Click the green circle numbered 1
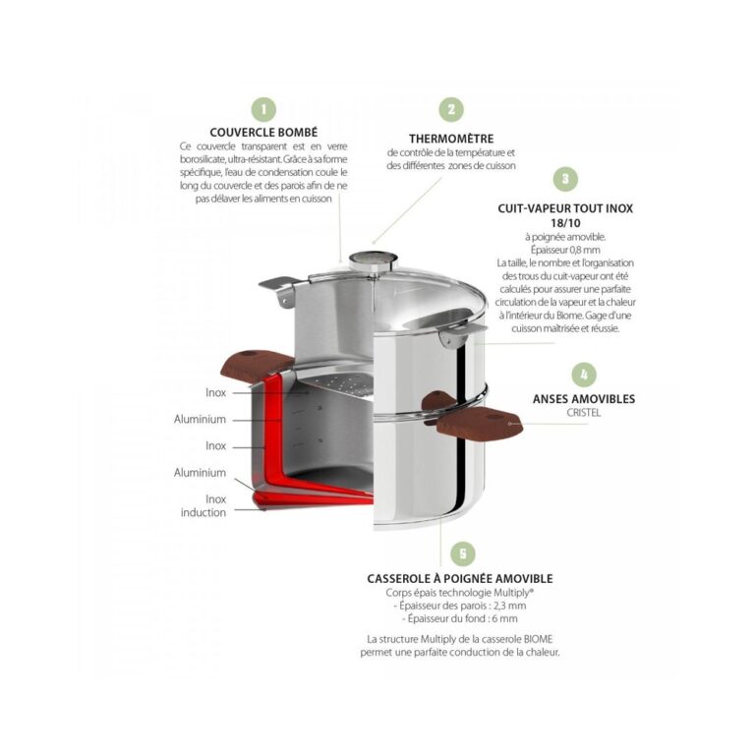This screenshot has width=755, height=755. coord(263,109)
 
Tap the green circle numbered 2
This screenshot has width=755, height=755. coord(451,109)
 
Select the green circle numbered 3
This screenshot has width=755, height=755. coord(565,179)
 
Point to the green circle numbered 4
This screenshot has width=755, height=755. coord(584,375)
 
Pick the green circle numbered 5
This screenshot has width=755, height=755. coord(463,553)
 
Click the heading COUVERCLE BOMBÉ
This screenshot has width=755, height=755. coord(263,133)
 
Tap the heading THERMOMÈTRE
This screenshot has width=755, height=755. coord(451,139)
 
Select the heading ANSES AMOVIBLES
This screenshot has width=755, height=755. coord(584,399)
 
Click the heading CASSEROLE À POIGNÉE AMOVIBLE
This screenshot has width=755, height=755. coord(460,578)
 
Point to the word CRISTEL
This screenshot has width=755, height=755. coord(584,413)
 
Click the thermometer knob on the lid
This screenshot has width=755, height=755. coord(373,261)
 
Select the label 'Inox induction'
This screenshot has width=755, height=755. coord(204,505)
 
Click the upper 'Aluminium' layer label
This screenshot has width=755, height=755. coord(200,419)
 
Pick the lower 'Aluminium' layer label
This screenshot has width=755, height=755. coord(200,472)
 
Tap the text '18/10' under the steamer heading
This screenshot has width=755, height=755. coord(565,223)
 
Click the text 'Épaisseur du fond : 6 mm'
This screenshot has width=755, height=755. coord(460,618)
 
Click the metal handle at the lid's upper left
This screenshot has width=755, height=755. coord(278,288)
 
